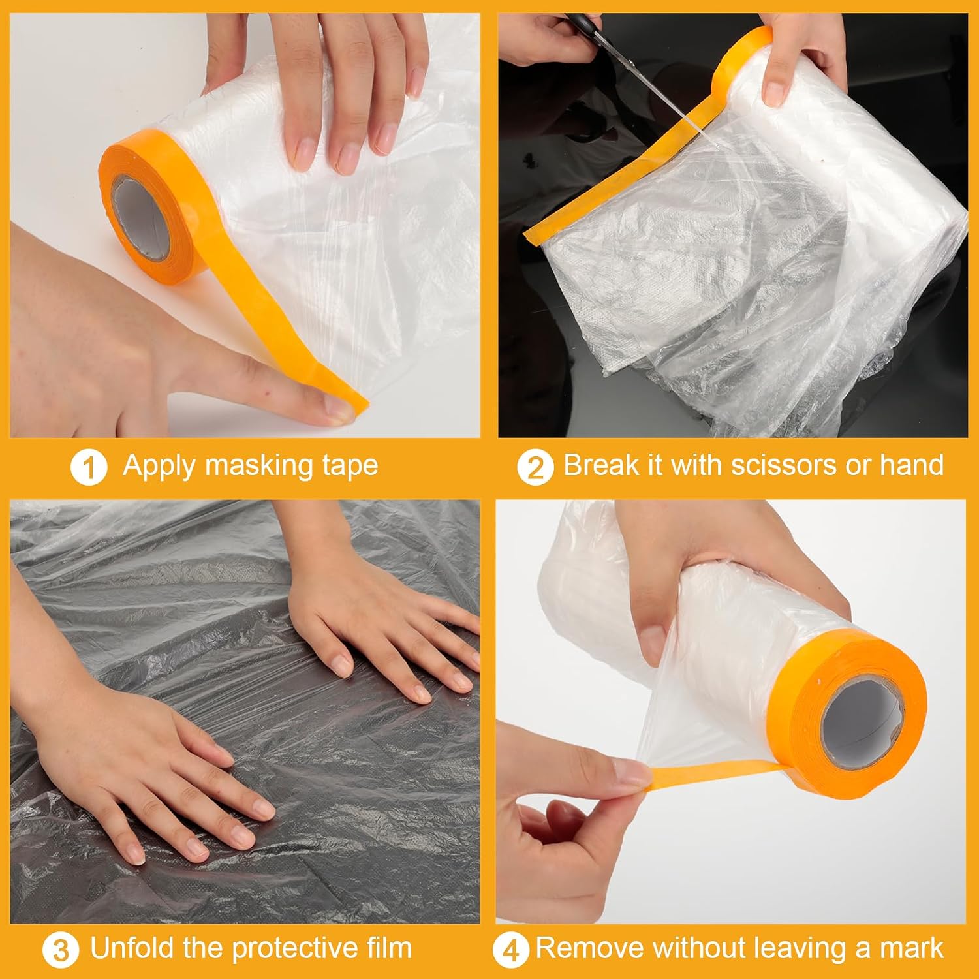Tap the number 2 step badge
tap(535, 468)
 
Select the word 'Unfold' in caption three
tap(133, 948)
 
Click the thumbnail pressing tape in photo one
tap(340, 409)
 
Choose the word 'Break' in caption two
tap(601, 465)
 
